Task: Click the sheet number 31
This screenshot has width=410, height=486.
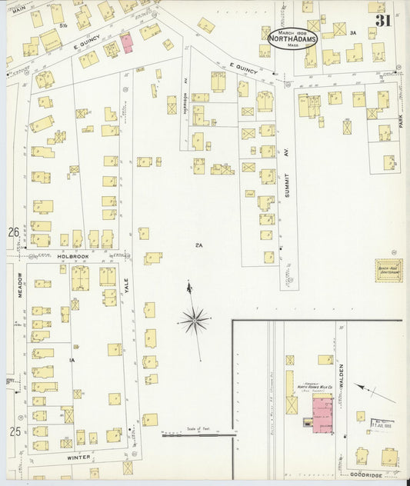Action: click(x=383, y=20)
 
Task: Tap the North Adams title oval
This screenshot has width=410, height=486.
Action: click(x=292, y=38)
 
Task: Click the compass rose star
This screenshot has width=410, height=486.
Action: click(x=195, y=317)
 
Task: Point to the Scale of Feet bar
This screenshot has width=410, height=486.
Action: click(x=198, y=434)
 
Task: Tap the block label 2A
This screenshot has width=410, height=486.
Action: click(x=198, y=245)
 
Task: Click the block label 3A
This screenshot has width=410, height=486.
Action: click(x=352, y=33)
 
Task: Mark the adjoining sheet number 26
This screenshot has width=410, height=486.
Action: click(x=12, y=231)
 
